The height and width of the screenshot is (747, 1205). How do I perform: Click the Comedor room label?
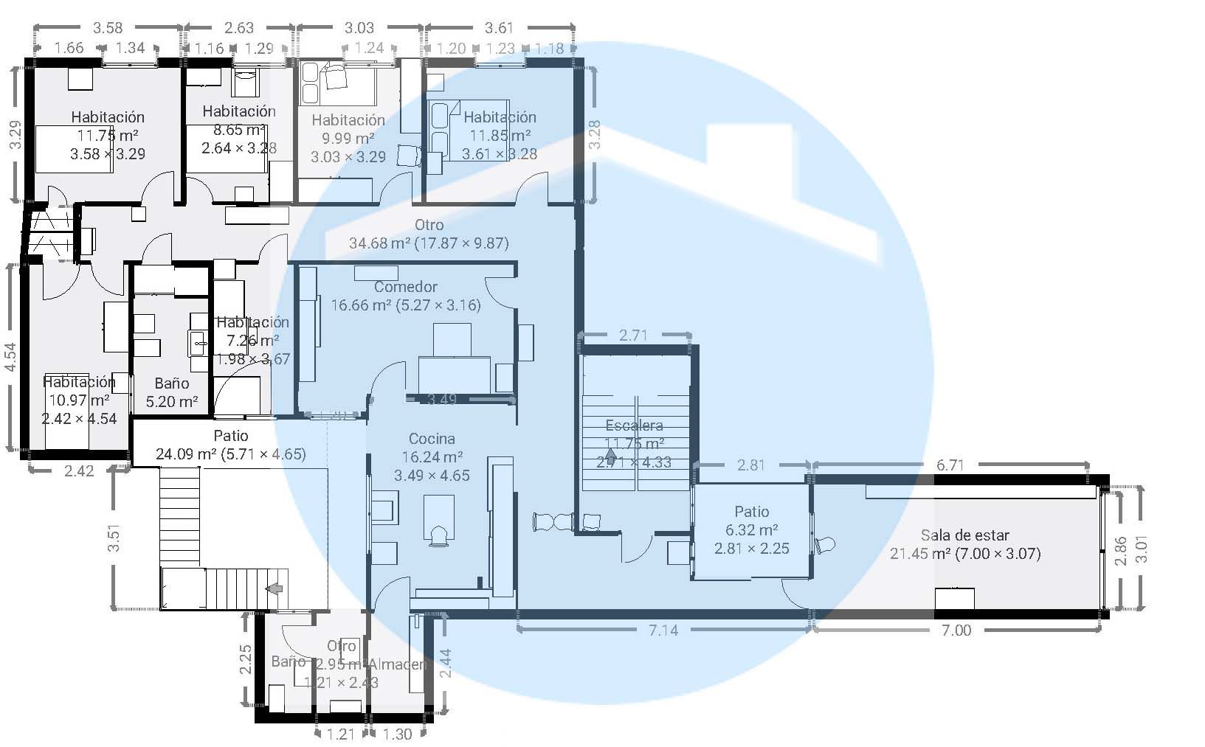(x=405, y=287)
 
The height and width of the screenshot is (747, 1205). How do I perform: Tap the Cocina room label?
(x=432, y=439)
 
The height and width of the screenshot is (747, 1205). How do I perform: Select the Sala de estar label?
(x=964, y=535)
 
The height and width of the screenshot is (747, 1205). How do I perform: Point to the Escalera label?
(x=634, y=425)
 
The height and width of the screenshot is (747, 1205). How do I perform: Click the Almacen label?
(x=398, y=664)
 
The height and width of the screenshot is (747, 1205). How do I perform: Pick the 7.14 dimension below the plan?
(x=663, y=630)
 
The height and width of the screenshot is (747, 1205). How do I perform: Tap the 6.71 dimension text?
(x=950, y=465)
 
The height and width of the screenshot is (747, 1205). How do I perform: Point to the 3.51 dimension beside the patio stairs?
(x=114, y=538)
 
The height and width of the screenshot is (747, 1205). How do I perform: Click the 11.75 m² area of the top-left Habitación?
(x=108, y=136)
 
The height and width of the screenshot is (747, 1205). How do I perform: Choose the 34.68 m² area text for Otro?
(x=429, y=243)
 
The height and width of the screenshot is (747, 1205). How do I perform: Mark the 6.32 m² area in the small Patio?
(x=751, y=530)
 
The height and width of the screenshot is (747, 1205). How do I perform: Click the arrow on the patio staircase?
(x=275, y=588)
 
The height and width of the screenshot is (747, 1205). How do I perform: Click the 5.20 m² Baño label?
(x=172, y=402)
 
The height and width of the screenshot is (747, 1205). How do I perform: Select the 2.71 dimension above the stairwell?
(x=633, y=336)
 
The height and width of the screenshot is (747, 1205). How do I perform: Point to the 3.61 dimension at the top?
(x=499, y=28)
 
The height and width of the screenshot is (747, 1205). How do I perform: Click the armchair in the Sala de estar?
(x=825, y=546)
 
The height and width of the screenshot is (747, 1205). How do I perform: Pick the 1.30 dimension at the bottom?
(x=398, y=734)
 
